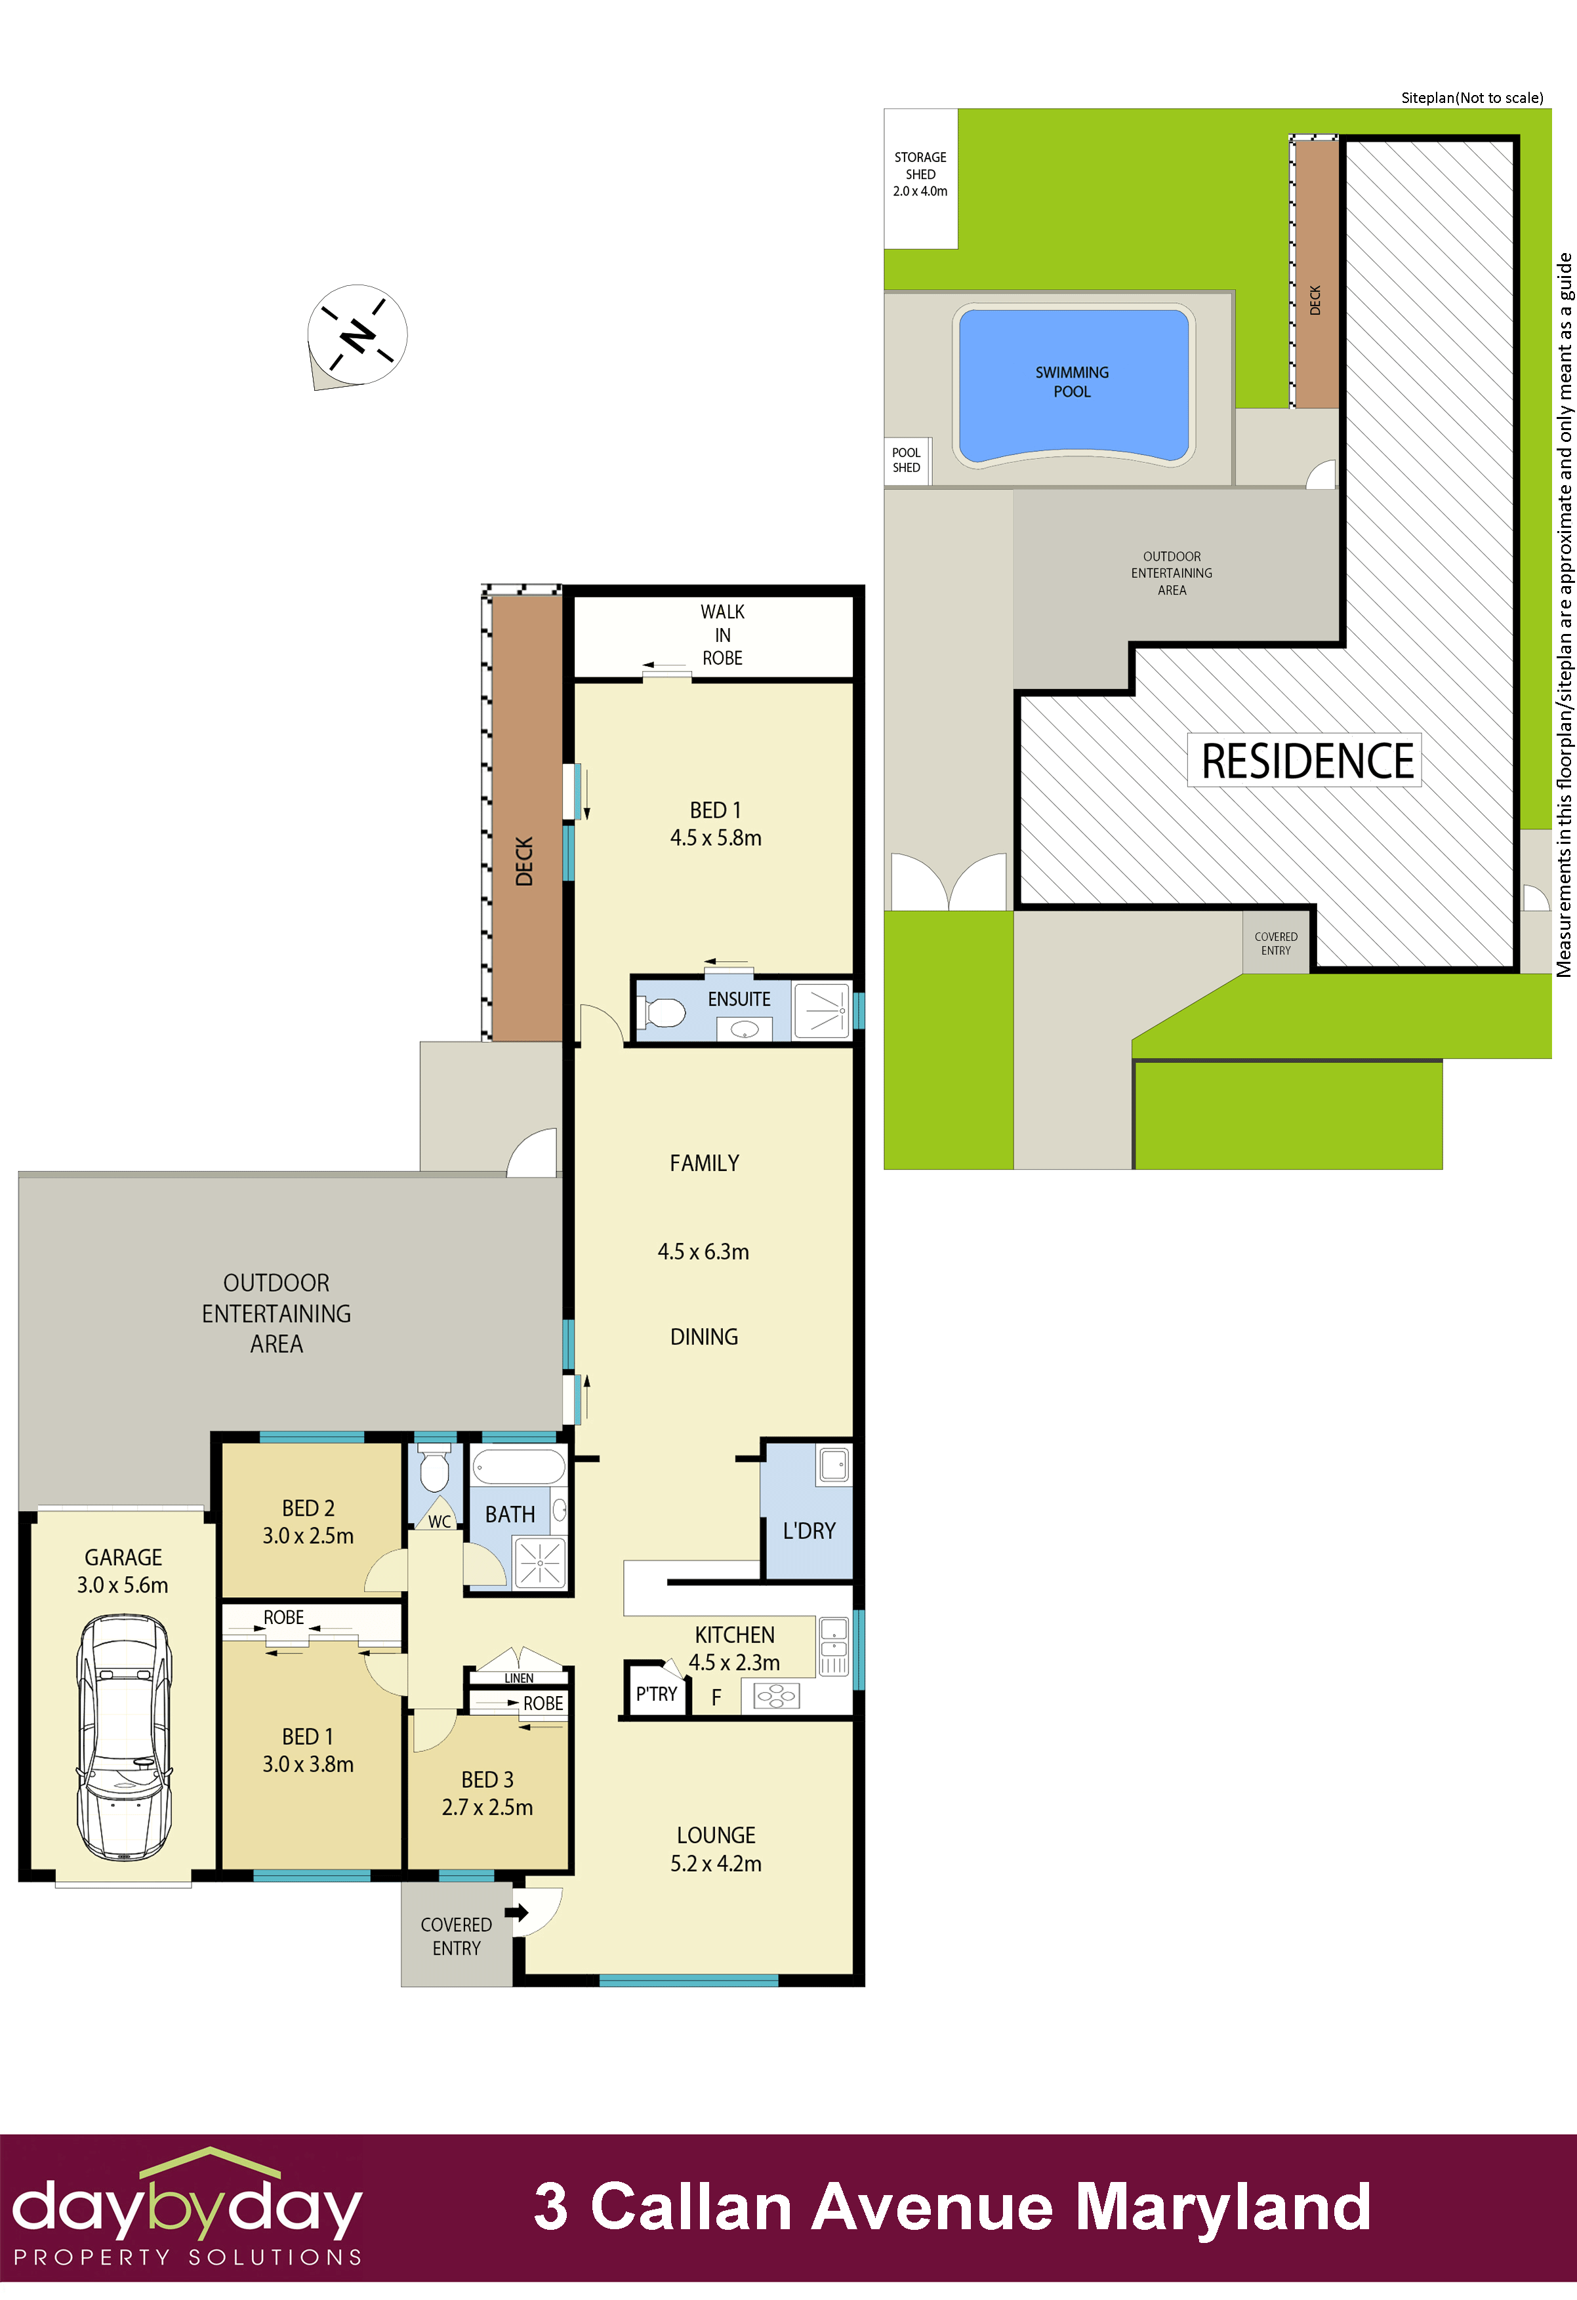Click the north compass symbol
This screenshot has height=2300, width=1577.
[358, 336]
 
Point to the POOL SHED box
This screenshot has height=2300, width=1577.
[906, 460]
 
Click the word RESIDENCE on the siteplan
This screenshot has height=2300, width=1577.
[1306, 761]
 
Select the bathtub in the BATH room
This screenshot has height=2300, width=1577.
[518, 1466]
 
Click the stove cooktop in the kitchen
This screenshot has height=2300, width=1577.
[776, 1696]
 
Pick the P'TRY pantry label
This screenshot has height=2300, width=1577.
[657, 1694]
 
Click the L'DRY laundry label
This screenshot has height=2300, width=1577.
[809, 1531]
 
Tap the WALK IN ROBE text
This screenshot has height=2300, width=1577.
[723, 635]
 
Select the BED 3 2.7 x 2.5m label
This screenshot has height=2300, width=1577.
[487, 1793]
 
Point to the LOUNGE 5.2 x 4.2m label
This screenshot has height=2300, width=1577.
[716, 1849]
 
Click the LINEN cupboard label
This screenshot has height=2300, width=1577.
[519, 1678]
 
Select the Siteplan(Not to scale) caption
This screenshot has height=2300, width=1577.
[1471, 97]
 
